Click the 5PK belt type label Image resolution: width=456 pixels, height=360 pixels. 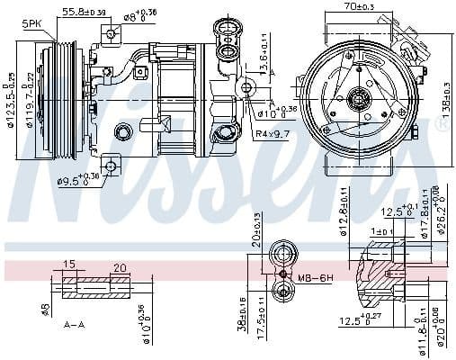[x=31, y=22]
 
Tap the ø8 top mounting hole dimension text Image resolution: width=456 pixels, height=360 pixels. [x=139, y=15]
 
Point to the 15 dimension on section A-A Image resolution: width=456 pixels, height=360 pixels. [x=69, y=265]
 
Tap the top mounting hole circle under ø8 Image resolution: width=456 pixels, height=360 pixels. [x=110, y=34]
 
